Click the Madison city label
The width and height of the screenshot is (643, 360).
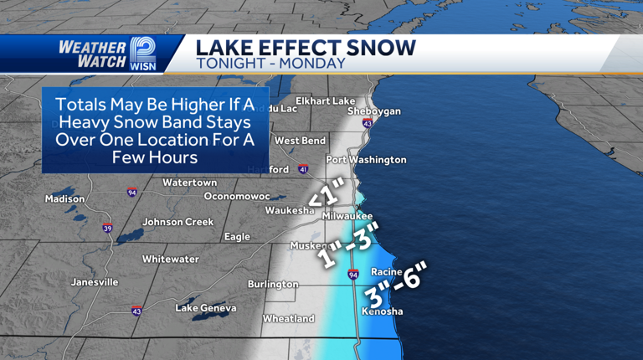pyautogui.click(x=64, y=198)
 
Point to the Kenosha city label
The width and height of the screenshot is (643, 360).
pyautogui.click(x=382, y=311)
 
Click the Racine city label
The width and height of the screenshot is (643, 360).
pyautogui.click(x=387, y=272)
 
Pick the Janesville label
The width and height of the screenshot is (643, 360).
pyautogui.click(x=95, y=282)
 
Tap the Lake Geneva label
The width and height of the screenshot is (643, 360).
pyautogui.click(x=206, y=308)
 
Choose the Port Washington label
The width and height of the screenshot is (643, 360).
pyautogui.click(x=366, y=160)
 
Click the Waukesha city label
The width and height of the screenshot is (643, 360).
pyautogui.click(x=289, y=211)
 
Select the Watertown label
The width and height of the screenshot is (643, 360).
pyautogui.click(x=189, y=183)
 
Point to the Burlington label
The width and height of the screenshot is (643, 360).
pyautogui.click(x=273, y=285)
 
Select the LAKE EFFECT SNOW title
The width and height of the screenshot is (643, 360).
pyautogui.click(x=306, y=47)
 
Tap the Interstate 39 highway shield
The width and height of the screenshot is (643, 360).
pyautogui.click(x=107, y=229)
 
